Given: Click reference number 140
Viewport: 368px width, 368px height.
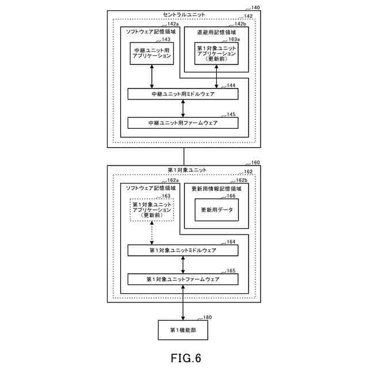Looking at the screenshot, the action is tap(255, 7).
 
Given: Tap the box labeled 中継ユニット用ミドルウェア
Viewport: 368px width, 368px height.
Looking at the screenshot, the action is tap(183, 94).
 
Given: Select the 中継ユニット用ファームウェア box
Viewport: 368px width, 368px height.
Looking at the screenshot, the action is tap(183, 122).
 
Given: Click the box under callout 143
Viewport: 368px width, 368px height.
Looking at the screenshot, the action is tap(152, 53).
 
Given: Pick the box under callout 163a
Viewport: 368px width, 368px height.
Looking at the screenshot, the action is tap(216, 53).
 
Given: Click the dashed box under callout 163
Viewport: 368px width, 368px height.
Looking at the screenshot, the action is tap(152, 209).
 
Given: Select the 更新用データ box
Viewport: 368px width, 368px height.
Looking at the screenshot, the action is tap(217, 209).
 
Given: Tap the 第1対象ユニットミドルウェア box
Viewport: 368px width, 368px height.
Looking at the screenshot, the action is tap(183, 250).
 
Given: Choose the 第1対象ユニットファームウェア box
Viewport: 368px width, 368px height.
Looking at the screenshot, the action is tap(183, 279).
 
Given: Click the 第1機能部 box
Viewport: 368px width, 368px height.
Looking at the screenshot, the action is tap(183, 330).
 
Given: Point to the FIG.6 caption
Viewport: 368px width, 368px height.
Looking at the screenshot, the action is tap(186, 358).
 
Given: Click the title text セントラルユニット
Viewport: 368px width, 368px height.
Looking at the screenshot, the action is tap(184, 14).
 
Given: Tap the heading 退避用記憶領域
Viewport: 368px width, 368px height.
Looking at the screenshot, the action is tap(216, 32).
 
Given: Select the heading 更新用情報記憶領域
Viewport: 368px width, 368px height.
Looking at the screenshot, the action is tap(216, 189).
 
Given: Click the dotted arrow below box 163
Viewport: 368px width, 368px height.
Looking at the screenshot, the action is tap(152, 233).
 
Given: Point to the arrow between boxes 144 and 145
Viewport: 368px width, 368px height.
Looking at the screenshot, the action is tap(183, 109).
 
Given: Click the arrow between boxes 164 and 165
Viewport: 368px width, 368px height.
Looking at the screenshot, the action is tap(183, 264).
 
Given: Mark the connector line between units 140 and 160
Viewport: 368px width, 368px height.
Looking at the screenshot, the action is tap(184, 156).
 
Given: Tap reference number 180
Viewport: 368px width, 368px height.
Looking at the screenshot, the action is tap(207, 317).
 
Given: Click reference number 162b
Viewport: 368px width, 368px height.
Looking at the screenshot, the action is tap(241, 180).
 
